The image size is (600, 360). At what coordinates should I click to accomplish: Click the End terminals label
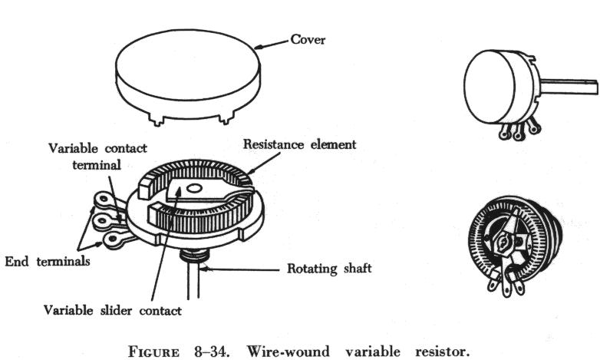[48, 261]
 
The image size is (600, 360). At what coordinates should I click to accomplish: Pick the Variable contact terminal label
[97, 156]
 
